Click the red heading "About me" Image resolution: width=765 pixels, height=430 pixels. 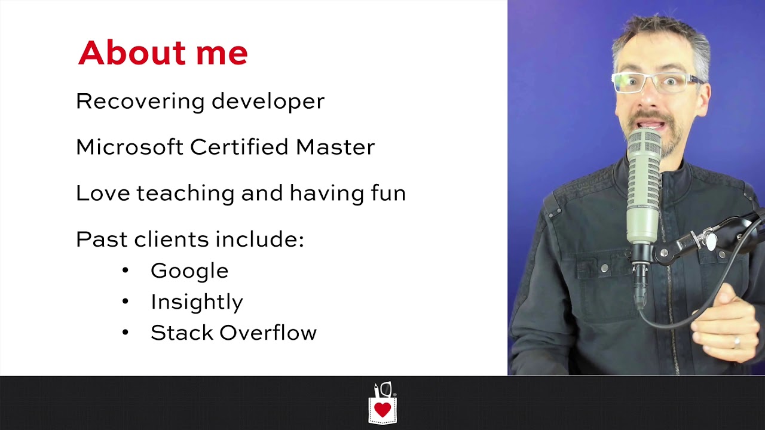tap(163, 53)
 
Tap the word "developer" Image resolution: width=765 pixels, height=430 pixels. tap(268, 102)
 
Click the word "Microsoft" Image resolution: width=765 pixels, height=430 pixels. tap(129, 147)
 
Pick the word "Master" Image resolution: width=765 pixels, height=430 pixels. tap(335, 147)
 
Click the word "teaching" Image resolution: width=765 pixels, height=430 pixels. tap(186, 193)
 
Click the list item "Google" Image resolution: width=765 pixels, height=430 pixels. tap(189, 271)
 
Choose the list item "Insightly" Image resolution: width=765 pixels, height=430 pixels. tap(197, 302)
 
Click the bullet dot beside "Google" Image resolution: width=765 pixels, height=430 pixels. tap(125, 271)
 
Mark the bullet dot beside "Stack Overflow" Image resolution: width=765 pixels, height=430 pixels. tap(125, 333)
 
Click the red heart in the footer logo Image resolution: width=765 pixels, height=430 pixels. tap(382, 410)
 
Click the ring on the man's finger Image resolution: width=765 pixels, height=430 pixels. tap(736, 343)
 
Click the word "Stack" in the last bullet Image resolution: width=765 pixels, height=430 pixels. tap(182, 333)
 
